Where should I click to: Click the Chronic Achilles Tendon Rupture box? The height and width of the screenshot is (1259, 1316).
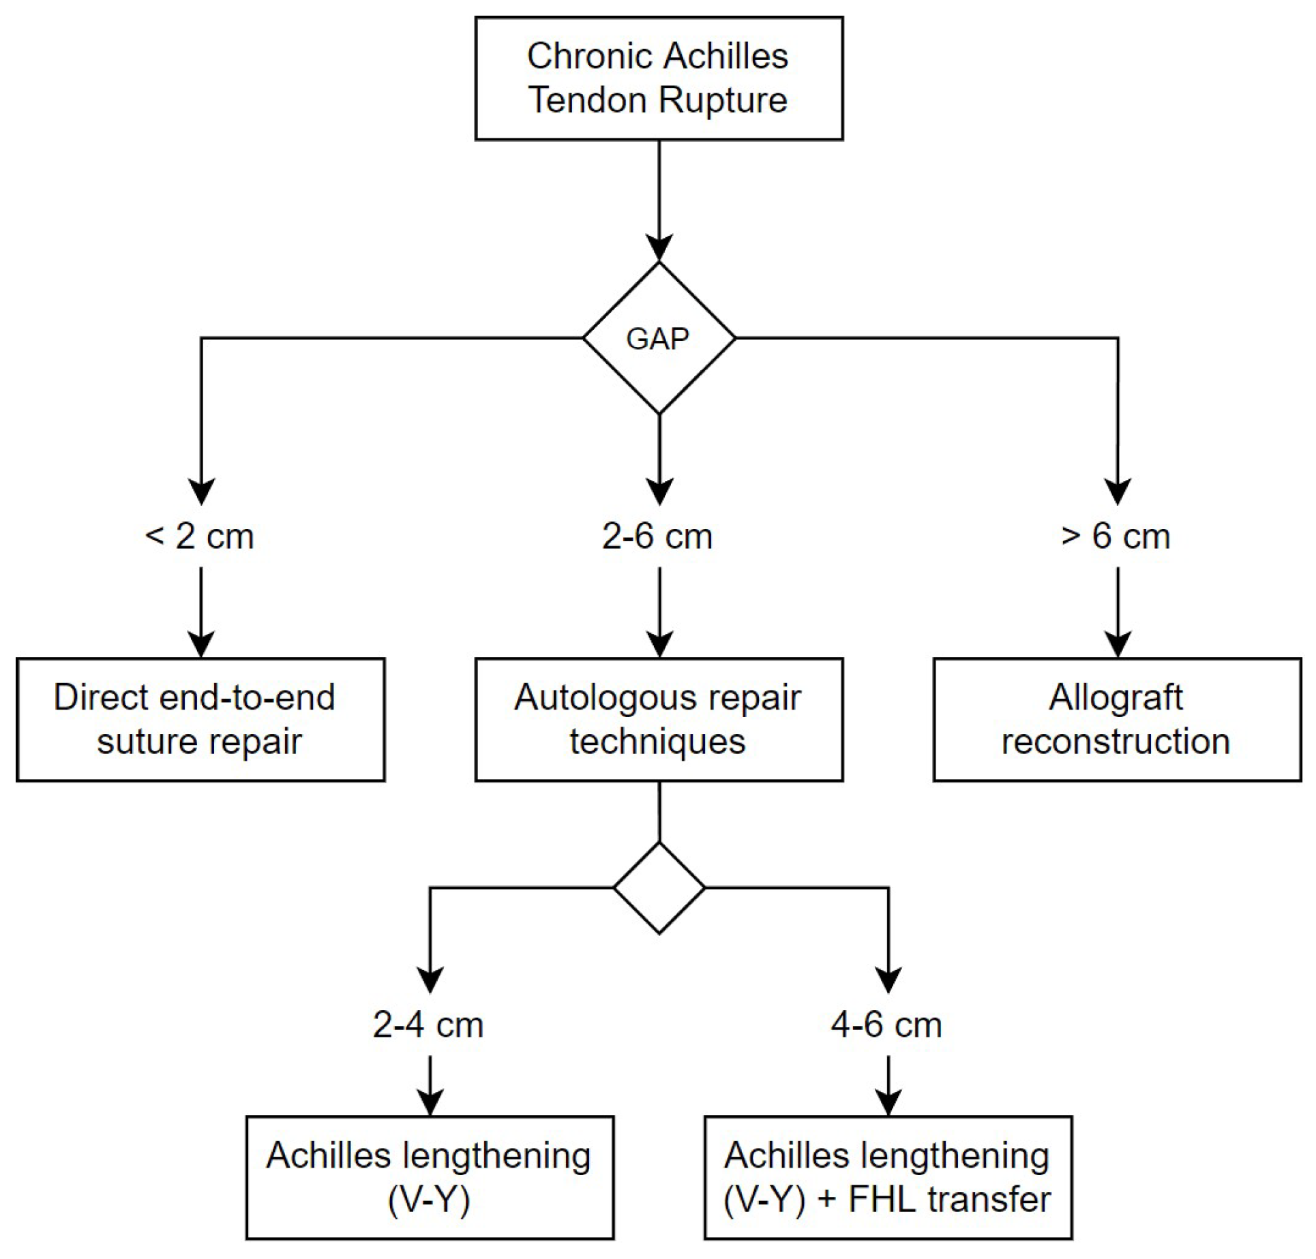coord(659,78)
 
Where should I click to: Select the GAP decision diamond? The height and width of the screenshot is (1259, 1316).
coord(659,338)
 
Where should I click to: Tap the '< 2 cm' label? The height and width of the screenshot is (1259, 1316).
coord(200,536)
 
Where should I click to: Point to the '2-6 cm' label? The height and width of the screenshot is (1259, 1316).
coord(657,536)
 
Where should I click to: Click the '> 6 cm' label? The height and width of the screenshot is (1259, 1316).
coord(1116,536)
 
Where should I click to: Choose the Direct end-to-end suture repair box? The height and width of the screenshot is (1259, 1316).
coord(200,719)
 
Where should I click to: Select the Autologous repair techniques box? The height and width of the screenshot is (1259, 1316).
coord(659,719)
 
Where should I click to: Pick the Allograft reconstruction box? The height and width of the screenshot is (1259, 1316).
coord(1117,719)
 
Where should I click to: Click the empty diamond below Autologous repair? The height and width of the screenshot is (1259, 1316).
coord(659,888)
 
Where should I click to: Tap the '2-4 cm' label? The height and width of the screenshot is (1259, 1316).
coord(428,1025)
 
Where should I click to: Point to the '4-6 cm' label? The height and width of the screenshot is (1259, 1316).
coord(886,1025)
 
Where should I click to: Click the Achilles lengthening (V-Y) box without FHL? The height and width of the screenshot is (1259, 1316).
coord(430,1177)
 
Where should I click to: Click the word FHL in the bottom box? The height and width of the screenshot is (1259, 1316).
coord(880,1199)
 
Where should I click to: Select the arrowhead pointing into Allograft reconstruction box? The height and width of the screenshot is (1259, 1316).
coord(1118,643)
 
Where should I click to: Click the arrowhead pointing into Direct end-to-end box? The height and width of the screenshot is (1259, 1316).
coord(201,643)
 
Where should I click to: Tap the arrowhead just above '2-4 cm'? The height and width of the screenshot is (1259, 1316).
coord(430,979)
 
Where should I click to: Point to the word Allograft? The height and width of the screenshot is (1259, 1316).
coord(1116,697)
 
